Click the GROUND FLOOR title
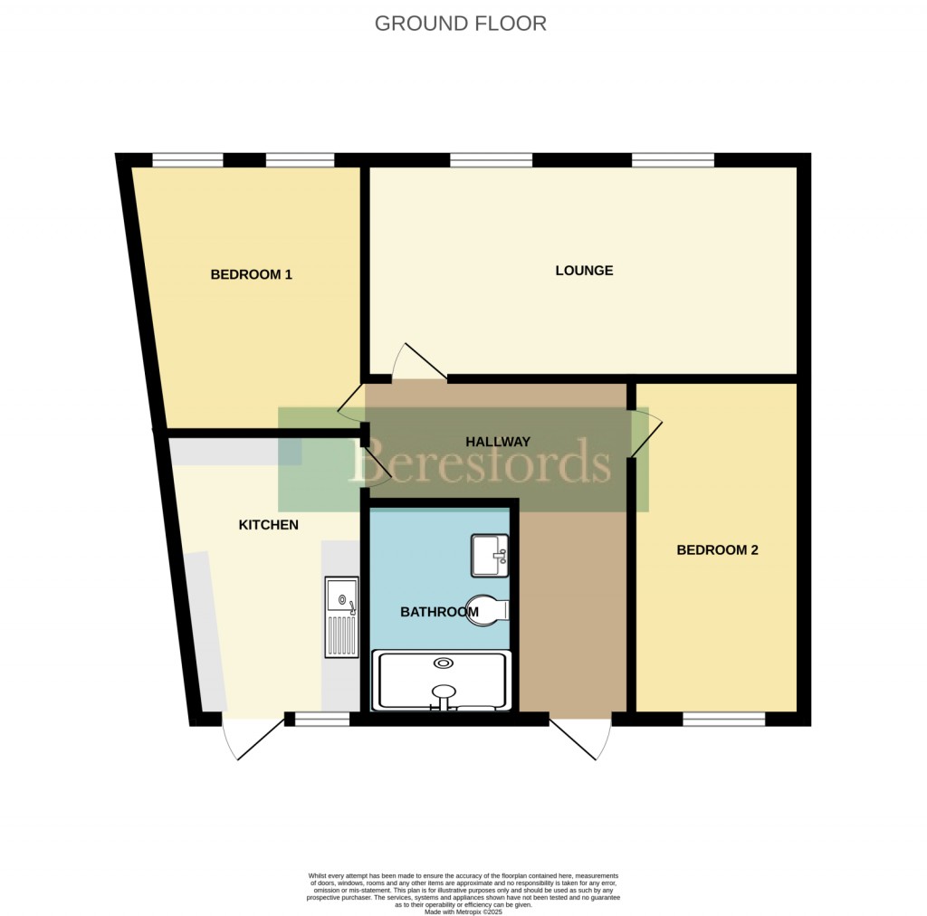tap(461, 24)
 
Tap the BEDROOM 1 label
tap(251, 274)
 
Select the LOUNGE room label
tap(584, 270)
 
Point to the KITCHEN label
tap(268, 525)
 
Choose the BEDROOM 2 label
tap(717, 549)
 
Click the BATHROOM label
tap(439, 612)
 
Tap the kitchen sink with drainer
tap(341, 616)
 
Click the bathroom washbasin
tap(490, 555)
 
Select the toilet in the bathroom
tap(489, 610)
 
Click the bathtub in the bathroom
tap(444, 680)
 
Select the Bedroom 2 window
tap(723, 720)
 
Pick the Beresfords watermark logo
tap(480, 462)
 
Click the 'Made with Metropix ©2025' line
tap(463, 911)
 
